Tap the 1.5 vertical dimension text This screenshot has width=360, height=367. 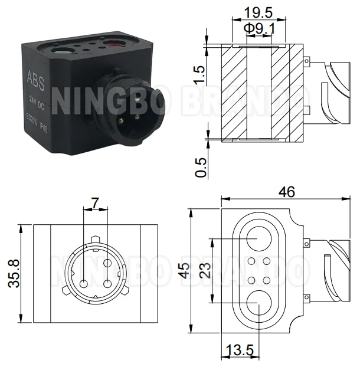(201, 74)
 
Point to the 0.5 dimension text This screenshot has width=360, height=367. (201, 166)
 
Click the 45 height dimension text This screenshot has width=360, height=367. (185, 270)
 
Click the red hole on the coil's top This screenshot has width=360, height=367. (113, 42)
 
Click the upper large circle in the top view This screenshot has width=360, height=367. (258, 238)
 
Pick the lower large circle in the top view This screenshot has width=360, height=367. (258, 303)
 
